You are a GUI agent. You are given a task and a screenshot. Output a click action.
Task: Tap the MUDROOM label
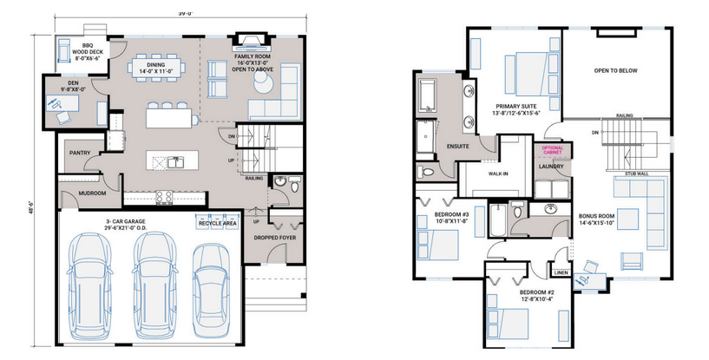tap(92, 193)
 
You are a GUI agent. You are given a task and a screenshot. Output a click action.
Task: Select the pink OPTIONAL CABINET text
tap(552, 150)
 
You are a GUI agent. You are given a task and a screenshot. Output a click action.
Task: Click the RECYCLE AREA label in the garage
tap(217, 223)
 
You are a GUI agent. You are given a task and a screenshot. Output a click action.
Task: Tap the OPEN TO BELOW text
tap(615, 71)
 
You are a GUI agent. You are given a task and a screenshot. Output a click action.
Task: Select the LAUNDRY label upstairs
tap(552, 166)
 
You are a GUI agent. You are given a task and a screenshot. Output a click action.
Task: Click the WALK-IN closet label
tap(498, 173)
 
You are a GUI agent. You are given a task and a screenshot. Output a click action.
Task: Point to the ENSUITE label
tap(458, 146)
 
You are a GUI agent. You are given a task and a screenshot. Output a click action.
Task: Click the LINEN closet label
tap(561, 273)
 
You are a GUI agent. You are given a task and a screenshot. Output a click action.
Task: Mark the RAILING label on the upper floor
tap(624, 115)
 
